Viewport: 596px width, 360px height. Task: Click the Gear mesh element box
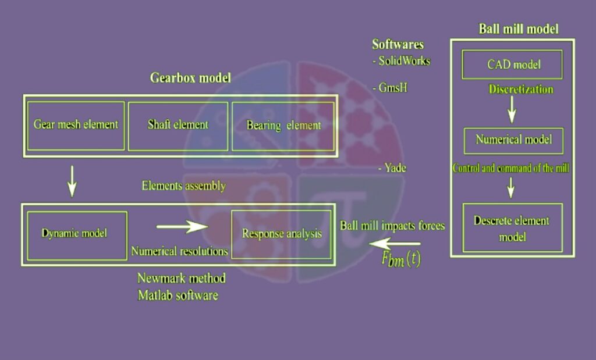click(x=76, y=125)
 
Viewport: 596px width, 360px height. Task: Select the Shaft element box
click(x=178, y=126)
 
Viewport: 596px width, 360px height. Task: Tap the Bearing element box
click(x=283, y=126)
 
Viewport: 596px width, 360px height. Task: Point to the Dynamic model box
click(x=77, y=234)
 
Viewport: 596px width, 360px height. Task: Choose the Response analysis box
click(x=282, y=234)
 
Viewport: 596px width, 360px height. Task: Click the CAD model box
click(x=512, y=65)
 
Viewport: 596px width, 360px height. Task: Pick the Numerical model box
click(x=513, y=141)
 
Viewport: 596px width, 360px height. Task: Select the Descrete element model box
click(x=512, y=228)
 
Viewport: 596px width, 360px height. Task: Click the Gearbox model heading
click(x=190, y=78)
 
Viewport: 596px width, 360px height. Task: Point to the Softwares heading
click(x=398, y=45)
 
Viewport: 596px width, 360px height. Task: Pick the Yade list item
click(x=395, y=168)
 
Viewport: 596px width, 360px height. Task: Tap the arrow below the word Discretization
click(x=511, y=109)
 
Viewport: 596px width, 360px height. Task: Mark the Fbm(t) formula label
click(x=401, y=260)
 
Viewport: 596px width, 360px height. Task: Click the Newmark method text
click(x=181, y=278)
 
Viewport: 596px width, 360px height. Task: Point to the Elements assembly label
click(x=183, y=186)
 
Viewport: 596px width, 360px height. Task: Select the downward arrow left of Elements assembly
click(x=72, y=182)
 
